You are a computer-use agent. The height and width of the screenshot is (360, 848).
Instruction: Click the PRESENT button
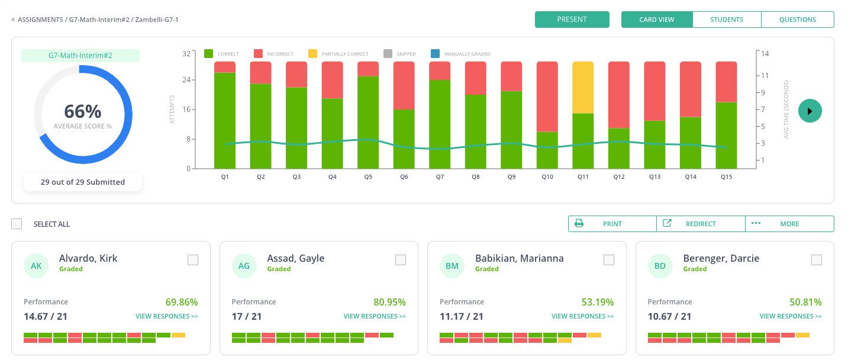pos(572,20)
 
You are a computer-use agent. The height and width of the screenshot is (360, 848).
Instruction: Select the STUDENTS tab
pos(727,20)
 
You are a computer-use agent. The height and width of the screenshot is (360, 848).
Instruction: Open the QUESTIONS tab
pos(797,20)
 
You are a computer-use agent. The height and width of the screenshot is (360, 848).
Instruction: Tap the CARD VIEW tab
pos(656,20)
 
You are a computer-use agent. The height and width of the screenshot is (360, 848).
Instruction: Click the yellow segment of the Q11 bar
pos(583,87)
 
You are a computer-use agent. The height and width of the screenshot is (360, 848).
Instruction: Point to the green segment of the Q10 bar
pos(547,150)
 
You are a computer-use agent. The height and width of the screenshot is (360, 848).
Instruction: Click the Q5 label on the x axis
pos(368,176)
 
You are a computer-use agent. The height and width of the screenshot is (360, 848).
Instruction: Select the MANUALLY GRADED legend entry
pos(462,54)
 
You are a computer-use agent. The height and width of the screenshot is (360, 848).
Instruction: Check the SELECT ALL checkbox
pos(17,224)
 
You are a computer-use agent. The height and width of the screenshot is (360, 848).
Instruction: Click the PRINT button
pos(612,224)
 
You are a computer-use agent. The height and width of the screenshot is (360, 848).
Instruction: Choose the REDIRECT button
pos(700,224)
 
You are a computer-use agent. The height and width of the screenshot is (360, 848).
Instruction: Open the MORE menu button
pos(789,224)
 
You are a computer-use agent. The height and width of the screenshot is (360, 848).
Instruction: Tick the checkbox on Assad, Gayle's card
pos(401,260)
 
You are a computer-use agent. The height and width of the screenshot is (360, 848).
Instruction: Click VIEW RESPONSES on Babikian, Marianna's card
pos(582,316)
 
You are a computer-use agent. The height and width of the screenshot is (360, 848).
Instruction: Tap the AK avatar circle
pos(36,266)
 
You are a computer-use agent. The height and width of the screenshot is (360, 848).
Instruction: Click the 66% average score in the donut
pos(82,111)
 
